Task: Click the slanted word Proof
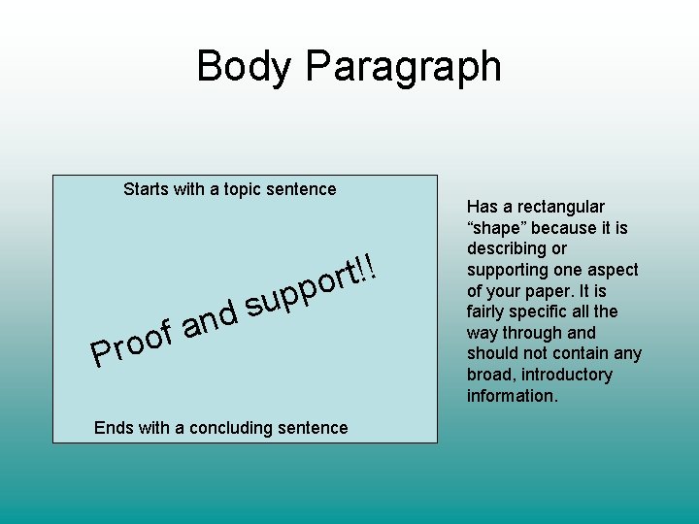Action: (130, 344)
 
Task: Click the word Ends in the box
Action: (113, 428)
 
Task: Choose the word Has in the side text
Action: (482, 207)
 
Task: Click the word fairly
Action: (488, 311)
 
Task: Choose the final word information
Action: (513, 396)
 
